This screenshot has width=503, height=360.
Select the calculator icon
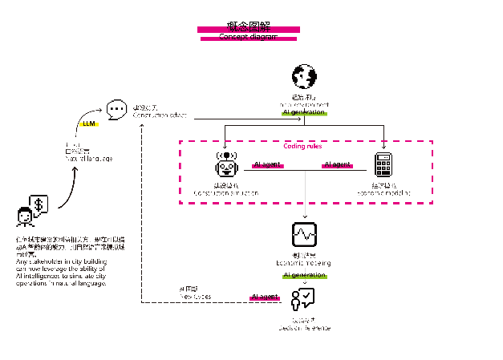tap(383, 164)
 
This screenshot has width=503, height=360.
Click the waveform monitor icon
tap(304, 233)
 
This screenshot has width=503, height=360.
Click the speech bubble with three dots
tap(117, 108)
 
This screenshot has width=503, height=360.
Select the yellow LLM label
tap(88, 124)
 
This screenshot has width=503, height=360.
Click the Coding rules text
tap(304, 147)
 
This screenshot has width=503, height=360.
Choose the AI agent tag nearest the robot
tap(267, 164)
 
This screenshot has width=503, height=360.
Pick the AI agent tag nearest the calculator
tap(337, 164)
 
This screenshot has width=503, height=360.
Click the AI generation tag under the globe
tap(304, 112)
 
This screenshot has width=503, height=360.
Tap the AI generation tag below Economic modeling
tap(304, 275)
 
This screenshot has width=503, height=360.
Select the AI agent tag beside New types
tap(265, 297)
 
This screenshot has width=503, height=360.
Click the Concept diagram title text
tap(249, 37)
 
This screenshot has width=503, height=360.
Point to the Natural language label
tap(88, 158)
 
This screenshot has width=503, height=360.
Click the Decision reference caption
tap(304, 328)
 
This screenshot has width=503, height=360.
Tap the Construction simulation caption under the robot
tap(227, 193)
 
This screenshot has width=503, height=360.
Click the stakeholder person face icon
tap(25, 216)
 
